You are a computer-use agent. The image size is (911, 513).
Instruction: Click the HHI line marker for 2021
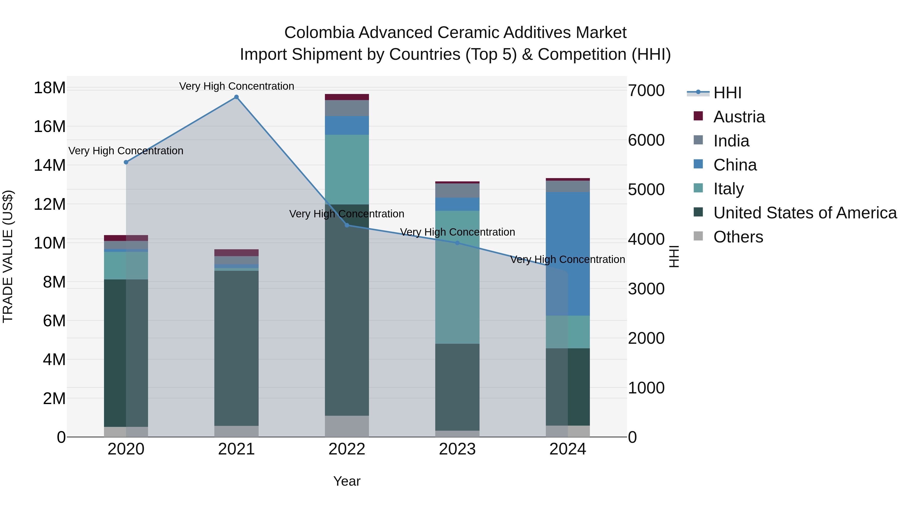coord(236,97)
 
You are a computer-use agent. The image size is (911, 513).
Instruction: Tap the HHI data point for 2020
coord(126,162)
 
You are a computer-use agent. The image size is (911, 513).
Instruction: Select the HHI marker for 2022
coord(347,225)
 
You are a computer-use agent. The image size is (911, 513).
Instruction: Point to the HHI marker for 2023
coord(457,243)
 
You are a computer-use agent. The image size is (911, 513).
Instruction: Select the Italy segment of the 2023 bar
coord(457,277)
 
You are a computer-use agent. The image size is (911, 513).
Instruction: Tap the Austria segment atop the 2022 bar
coord(347,97)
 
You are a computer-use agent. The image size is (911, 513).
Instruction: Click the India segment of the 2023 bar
coord(457,191)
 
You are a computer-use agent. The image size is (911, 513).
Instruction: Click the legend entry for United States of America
coord(804,213)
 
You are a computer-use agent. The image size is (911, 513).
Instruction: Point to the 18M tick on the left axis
coord(50,87)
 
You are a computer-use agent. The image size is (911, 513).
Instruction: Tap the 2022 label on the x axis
coord(347,449)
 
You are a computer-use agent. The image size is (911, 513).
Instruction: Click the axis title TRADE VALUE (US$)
coord(8,256)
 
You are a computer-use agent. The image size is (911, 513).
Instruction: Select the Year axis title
coord(347,481)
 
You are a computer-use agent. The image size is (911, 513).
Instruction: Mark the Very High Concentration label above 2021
coord(236,86)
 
